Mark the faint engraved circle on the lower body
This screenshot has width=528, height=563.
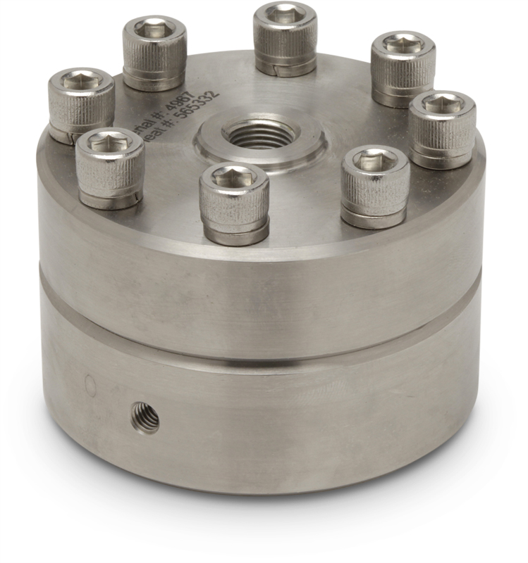90,384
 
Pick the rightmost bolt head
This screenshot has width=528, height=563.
443,127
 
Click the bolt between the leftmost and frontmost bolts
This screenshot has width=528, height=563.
110,166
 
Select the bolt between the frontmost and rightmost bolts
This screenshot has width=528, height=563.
375,182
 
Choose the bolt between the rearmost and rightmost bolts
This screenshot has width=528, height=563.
403,67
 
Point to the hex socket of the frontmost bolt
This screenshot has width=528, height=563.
233,175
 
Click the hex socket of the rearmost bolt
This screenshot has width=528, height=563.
286,13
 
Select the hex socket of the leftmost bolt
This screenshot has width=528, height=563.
81,80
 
